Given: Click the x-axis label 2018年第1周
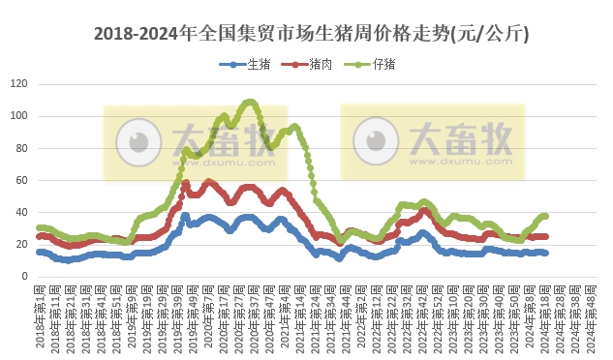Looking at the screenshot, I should tap(41, 315).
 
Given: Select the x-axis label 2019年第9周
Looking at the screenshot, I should tap(131, 315).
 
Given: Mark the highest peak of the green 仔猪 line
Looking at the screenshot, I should tap(250, 102).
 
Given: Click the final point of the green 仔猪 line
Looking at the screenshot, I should tap(545, 216).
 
